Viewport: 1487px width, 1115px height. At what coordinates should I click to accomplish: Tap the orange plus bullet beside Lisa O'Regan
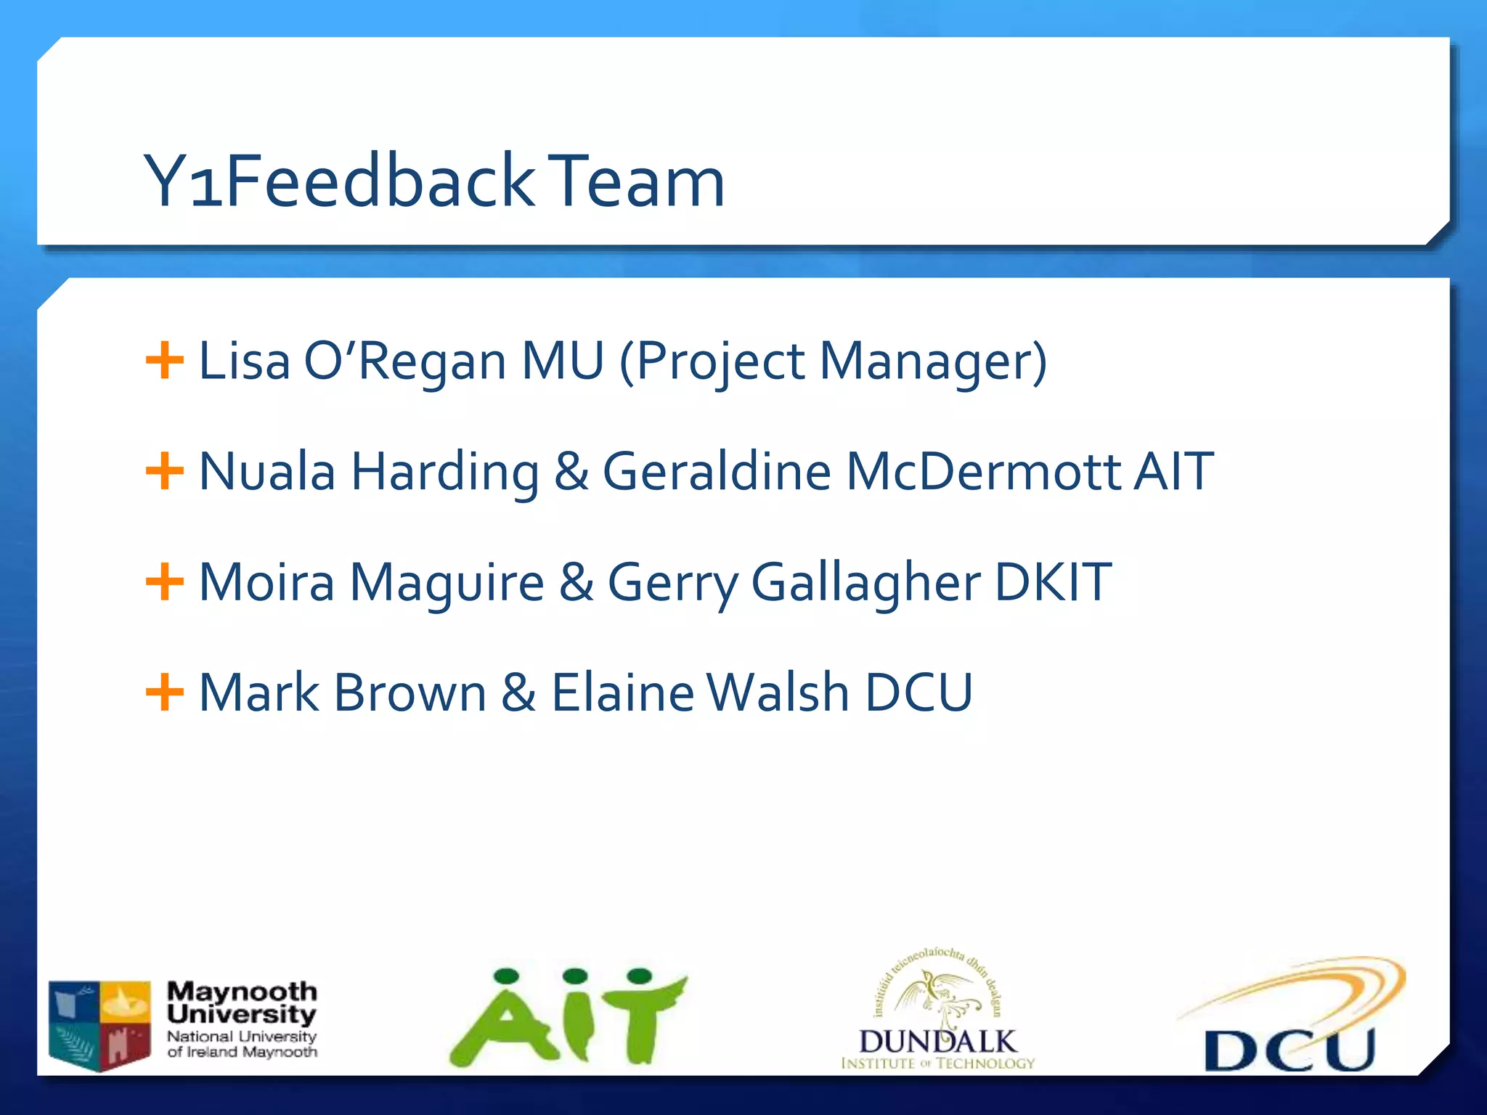point(164,361)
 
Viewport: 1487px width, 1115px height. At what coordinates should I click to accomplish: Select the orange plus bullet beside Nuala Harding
point(164,471)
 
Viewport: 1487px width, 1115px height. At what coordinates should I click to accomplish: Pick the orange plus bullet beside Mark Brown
point(164,693)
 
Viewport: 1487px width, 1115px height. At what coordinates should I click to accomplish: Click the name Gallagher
point(865,583)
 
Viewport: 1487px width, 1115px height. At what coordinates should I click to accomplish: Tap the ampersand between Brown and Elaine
point(518,693)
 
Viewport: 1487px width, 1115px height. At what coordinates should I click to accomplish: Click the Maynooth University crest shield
point(100,1025)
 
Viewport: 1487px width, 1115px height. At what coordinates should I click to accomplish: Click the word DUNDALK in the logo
point(937,1042)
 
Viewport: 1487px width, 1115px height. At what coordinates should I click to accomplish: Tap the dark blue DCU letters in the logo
point(1290,1050)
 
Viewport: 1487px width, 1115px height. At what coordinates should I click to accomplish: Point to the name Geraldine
point(717,471)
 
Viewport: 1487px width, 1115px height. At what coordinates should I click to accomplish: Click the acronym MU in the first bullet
point(563,361)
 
